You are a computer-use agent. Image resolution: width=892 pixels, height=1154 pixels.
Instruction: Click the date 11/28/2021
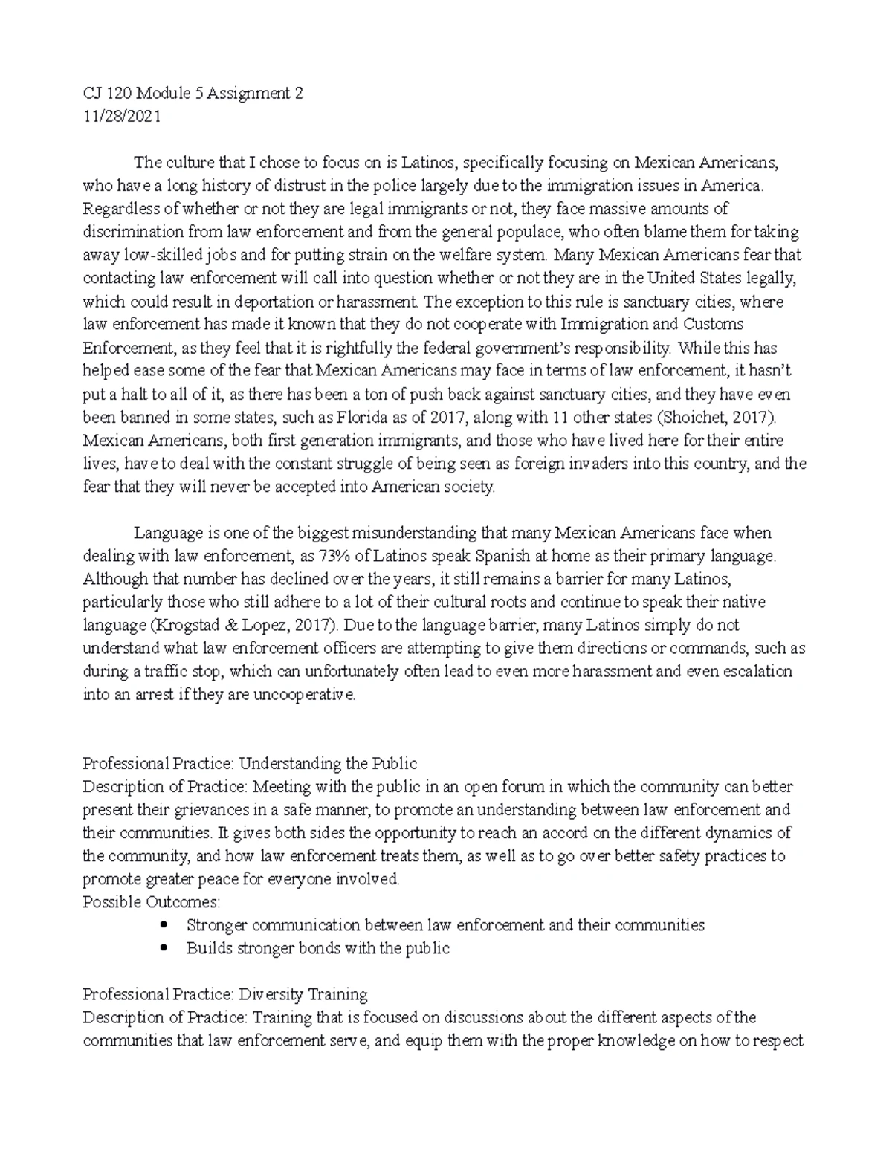point(121,117)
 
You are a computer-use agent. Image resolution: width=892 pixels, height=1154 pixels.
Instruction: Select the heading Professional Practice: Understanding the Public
point(250,763)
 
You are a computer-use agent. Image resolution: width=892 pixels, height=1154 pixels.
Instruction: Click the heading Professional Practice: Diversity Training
point(225,993)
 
